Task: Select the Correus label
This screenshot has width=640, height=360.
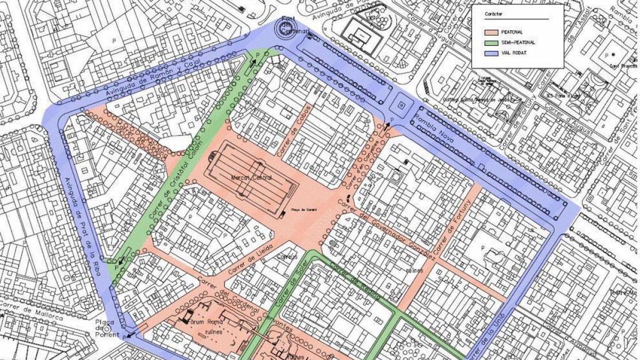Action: (x=286, y=256)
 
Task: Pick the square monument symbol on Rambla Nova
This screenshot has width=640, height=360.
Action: (x=402, y=103)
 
